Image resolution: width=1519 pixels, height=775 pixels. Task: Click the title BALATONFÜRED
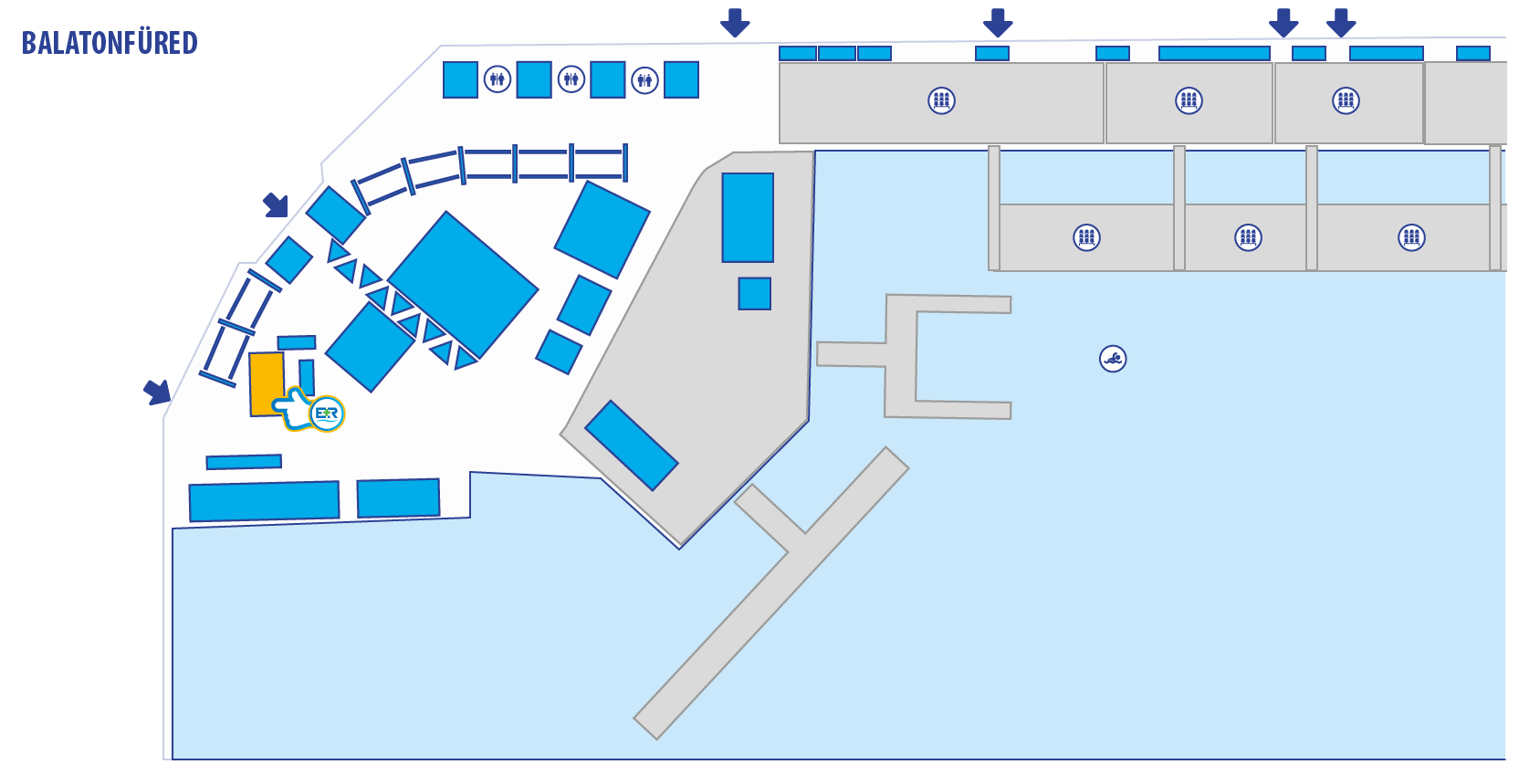110,43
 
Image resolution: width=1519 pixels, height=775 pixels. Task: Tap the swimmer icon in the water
1113,359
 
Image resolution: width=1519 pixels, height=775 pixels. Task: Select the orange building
266,382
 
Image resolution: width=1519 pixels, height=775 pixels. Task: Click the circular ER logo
327,414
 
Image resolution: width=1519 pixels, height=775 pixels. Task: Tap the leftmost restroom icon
497,79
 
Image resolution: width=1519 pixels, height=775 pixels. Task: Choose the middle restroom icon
571,79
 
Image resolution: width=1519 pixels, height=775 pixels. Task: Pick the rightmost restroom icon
644,80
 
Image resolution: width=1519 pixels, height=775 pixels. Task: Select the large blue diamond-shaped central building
463,284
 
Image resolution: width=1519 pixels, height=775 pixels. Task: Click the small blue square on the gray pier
755,294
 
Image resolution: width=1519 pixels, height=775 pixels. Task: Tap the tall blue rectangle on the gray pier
748,217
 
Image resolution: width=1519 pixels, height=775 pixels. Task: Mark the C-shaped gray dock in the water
904,356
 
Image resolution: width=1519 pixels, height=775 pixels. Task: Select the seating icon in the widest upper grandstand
941,100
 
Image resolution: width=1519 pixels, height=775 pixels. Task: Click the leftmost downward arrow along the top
735,22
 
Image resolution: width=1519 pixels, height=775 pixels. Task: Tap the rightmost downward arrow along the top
1341,22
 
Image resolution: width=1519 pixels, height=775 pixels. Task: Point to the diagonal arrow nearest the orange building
158,392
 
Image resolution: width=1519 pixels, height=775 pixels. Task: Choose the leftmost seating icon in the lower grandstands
1086,238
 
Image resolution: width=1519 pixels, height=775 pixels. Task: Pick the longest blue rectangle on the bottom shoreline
264,501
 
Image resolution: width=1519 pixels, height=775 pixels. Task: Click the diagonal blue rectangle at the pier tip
632,445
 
